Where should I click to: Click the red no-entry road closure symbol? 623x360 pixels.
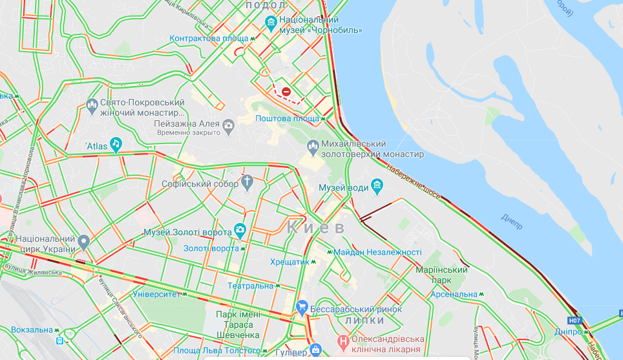click(286, 92)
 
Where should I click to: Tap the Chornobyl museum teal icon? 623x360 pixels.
click(271, 24)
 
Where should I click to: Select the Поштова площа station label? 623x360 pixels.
click(287, 118)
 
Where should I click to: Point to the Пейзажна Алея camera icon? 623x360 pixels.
click(228, 125)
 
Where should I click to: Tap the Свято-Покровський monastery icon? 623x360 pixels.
click(92, 105)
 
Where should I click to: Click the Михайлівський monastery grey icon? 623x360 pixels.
click(313, 148)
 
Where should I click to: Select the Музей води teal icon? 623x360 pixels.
click(377, 187)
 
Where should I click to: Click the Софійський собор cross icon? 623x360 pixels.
click(248, 183)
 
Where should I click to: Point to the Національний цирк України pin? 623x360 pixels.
click(83, 242)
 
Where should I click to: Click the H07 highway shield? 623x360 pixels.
click(574, 320)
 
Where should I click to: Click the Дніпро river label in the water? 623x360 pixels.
click(511, 220)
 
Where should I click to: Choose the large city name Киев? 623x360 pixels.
click(316, 228)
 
